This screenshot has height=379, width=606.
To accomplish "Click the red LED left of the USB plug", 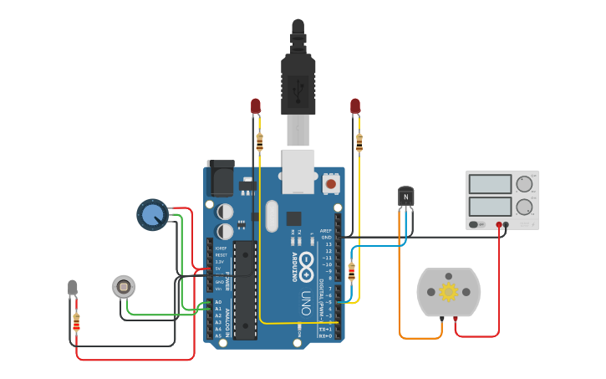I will coord(256,105).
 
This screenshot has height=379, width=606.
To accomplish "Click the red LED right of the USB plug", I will coord(355,105).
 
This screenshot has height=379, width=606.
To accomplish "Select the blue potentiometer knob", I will coord(151,214).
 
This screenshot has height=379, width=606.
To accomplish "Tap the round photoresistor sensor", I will coord(123,287).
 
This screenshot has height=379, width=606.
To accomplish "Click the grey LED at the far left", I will coord(73,288).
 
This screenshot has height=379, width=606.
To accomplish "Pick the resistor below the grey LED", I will coord(77,321).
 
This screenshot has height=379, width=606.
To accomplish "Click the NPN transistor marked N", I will coord(405,197).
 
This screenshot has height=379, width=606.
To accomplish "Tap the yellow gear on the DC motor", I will coord(448,292).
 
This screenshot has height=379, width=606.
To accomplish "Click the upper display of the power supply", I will coord(491,184).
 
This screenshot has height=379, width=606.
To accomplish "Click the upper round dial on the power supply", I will coord(525,184).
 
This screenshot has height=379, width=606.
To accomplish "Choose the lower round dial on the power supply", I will coord(525,207).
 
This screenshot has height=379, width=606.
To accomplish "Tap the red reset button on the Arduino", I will coord(331,182).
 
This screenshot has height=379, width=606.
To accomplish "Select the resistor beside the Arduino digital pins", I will coord(351,271).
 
